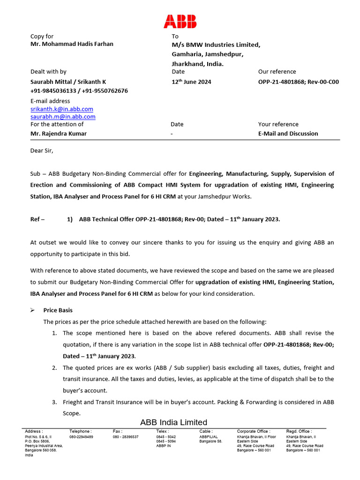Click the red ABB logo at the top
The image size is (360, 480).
180,21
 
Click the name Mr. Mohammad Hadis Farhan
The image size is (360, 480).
72,44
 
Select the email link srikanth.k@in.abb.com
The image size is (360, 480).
62,109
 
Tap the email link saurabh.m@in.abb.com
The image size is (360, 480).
63,116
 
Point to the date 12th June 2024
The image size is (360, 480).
191,82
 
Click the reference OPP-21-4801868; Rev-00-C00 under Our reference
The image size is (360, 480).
298,82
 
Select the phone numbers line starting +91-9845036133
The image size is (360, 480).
79,90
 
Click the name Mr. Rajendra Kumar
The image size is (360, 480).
59,134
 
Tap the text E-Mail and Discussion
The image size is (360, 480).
288,134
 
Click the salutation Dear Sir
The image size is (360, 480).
42,150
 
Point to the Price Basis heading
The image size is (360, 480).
58,310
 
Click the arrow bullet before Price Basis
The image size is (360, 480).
33,310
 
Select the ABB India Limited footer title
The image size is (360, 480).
173,422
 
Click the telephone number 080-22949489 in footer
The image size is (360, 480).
81,437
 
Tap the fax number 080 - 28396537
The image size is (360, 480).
126,437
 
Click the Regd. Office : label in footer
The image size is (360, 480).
299,431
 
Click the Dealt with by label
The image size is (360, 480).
48,72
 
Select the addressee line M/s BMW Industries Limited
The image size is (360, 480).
216,45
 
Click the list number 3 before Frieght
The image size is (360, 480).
54,402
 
